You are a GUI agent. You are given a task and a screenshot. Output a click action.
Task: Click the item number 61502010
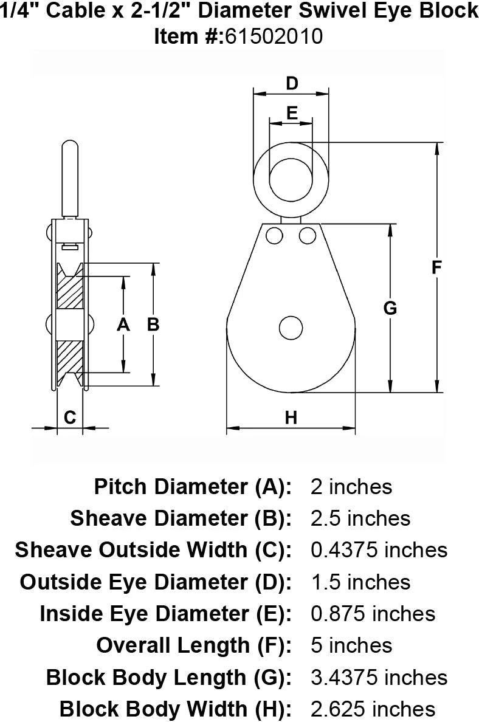pos(273,36)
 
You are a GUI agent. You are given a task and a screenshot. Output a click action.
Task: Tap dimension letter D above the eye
pos(292,83)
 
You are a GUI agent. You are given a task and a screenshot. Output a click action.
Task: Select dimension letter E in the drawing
pos(292,113)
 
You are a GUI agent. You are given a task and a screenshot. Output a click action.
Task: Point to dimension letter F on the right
pos(436,267)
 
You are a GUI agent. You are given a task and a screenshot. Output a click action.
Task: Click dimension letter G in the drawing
pos(390,308)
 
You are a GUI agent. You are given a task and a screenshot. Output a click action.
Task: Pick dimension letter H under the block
pos(291,418)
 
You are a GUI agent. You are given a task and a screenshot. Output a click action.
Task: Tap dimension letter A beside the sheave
pos(123,325)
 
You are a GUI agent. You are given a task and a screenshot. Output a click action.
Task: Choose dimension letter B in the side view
pos(153,325)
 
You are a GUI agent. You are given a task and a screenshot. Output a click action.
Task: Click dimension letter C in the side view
pos(69,417)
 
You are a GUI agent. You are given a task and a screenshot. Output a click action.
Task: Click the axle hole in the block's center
pos(291,328)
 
